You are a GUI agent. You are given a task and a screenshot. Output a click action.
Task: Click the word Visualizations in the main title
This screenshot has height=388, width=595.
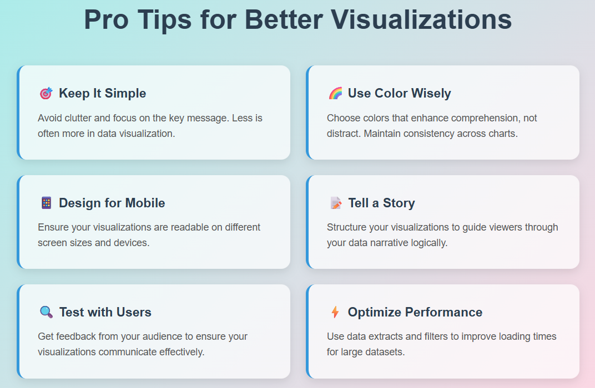(421, 19)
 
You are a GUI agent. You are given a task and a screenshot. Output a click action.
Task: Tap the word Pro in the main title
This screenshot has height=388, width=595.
(106, 19)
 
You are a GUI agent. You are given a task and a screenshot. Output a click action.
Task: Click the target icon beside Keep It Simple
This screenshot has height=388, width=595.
(46, 93)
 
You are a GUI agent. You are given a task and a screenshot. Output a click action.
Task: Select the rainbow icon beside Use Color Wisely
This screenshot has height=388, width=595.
(335, 93)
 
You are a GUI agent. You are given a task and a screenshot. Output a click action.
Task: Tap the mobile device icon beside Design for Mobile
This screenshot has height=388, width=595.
(46, 203)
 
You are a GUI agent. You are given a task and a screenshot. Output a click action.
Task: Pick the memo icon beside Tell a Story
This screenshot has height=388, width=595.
(335, 203)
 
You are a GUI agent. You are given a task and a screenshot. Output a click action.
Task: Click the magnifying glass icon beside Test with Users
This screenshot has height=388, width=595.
(46, 312)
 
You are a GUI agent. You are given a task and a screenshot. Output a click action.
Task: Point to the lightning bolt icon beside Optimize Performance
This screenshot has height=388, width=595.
(335, 312)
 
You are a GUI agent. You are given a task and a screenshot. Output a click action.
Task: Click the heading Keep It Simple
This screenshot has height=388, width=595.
(103, 93)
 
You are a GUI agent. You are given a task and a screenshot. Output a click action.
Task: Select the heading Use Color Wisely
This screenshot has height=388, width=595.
(399, 93)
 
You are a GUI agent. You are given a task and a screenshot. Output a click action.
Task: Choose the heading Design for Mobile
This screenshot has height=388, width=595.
(112, 203)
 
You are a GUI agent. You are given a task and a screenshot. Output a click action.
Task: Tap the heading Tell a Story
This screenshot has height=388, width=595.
(381, 203)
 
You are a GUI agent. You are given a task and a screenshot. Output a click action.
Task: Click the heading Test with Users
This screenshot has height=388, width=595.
(105, 312)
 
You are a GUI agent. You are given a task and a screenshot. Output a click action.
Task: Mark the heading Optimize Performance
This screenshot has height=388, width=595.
(415, 312)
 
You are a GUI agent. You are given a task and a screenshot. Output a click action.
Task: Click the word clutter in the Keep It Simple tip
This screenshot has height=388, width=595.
(78, 118)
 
